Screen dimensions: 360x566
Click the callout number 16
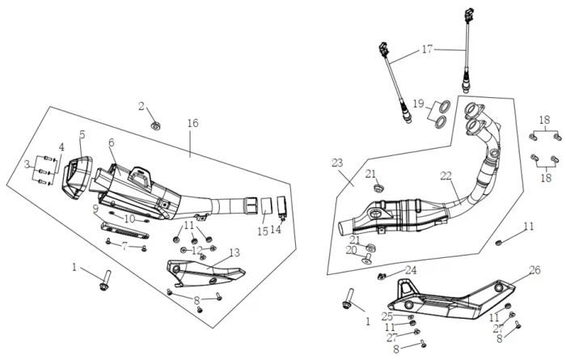[x=192, y=123]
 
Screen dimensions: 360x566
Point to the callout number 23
[x=337, y=163]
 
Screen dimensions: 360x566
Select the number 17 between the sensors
[x=428, y=49]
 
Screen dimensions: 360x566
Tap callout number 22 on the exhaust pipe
[x=446, y=175]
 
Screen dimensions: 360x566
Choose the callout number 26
[x=534, y=271]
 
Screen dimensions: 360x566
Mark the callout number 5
[x=82, y=134]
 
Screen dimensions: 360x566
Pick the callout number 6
[x=112, y=142]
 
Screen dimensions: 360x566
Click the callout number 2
[x=141, y=106]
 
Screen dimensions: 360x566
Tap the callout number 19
[x=418, y=104]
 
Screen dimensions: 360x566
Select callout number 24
[x=412, y=270]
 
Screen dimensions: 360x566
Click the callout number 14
[x=276, y=230]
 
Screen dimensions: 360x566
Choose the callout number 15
[x=262, y=231]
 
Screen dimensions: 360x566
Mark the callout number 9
[x=95, y=209]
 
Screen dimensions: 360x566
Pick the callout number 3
[x=29, y=164]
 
